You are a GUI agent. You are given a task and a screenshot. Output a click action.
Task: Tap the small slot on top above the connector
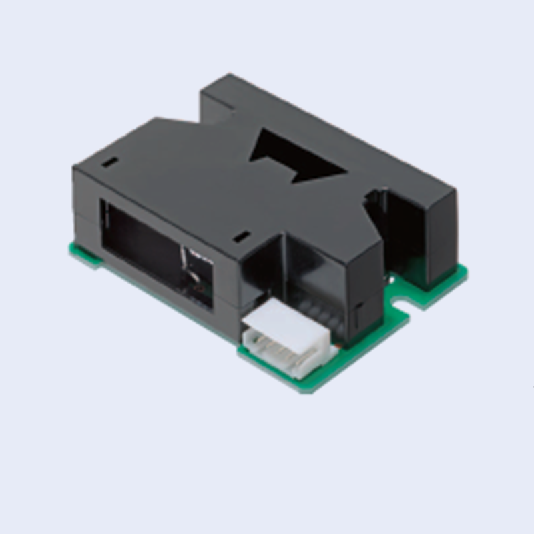[x=242, y=236]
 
